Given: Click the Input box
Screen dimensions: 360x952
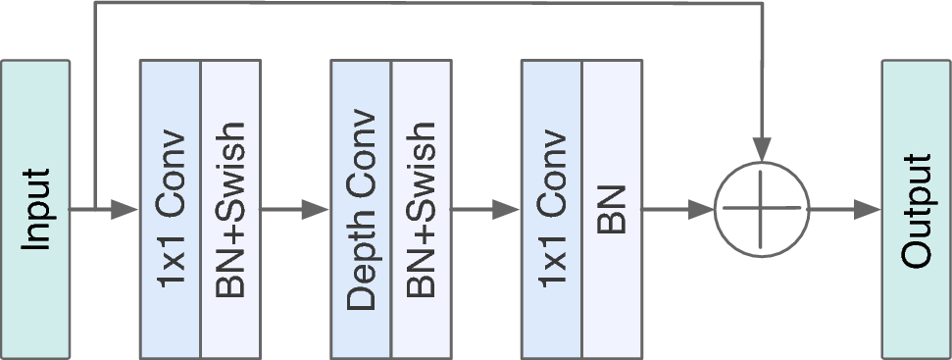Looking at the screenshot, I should point(35,209).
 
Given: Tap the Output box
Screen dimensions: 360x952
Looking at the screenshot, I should point(916,209).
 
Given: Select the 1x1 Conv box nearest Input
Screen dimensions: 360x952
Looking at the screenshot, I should point(171,209).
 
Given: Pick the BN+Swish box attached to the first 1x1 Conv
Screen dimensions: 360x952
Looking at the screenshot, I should point(230,209).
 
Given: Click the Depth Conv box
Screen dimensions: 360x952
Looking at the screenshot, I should point(361,209).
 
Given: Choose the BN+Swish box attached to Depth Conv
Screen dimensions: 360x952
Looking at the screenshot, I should point(421,209).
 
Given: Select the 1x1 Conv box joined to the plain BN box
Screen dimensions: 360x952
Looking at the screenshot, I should point(551,209).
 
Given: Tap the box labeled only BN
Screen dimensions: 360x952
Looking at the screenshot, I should point(611,209).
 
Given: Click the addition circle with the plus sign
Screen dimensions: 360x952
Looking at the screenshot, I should point(762,209).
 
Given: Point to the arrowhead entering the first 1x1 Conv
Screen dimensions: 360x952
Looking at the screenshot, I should point(128,209).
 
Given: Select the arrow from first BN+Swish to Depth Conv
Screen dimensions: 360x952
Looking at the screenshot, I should point(294,209).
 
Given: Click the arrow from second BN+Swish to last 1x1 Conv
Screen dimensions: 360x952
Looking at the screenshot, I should point(484,209).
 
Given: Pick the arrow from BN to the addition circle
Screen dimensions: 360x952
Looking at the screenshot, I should point(676,209).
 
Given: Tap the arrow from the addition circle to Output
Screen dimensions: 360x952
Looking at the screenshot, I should point(843,209).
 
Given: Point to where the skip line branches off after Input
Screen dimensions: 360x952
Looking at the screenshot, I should point(93,209).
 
